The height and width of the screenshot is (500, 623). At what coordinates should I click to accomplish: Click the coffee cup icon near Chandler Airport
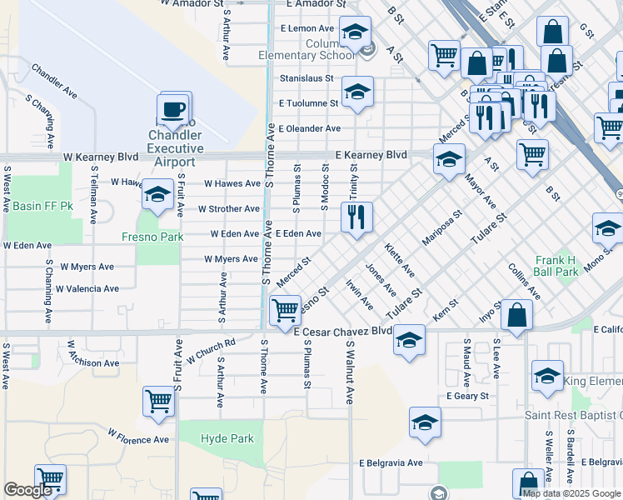(174, 108)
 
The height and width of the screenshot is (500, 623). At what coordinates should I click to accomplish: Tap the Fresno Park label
(160, 237)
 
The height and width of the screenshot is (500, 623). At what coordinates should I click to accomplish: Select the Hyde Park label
(227, 438)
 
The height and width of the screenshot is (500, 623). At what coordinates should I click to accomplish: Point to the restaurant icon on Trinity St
(356, 217)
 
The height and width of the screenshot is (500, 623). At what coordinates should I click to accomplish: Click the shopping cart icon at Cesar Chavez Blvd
(286, 310)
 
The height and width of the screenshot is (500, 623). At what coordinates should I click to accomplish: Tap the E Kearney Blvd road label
(371, 155)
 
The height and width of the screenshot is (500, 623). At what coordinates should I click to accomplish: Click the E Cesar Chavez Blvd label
(343, 331)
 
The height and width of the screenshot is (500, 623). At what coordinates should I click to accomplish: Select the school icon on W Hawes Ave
(157, 195)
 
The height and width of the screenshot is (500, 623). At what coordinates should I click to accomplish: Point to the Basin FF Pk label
(36, 206)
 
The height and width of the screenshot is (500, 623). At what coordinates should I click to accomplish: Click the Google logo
(28, 489)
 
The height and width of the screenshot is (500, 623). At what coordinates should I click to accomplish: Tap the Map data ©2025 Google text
(571, 493)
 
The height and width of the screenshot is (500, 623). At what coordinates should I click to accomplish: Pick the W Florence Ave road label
(137, 436)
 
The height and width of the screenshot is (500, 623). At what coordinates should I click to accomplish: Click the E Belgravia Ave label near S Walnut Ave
(391, 462)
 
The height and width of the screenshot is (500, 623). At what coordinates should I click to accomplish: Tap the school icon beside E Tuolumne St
(356, 92)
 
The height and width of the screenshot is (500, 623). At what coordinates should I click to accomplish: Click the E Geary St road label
(467, 396)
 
